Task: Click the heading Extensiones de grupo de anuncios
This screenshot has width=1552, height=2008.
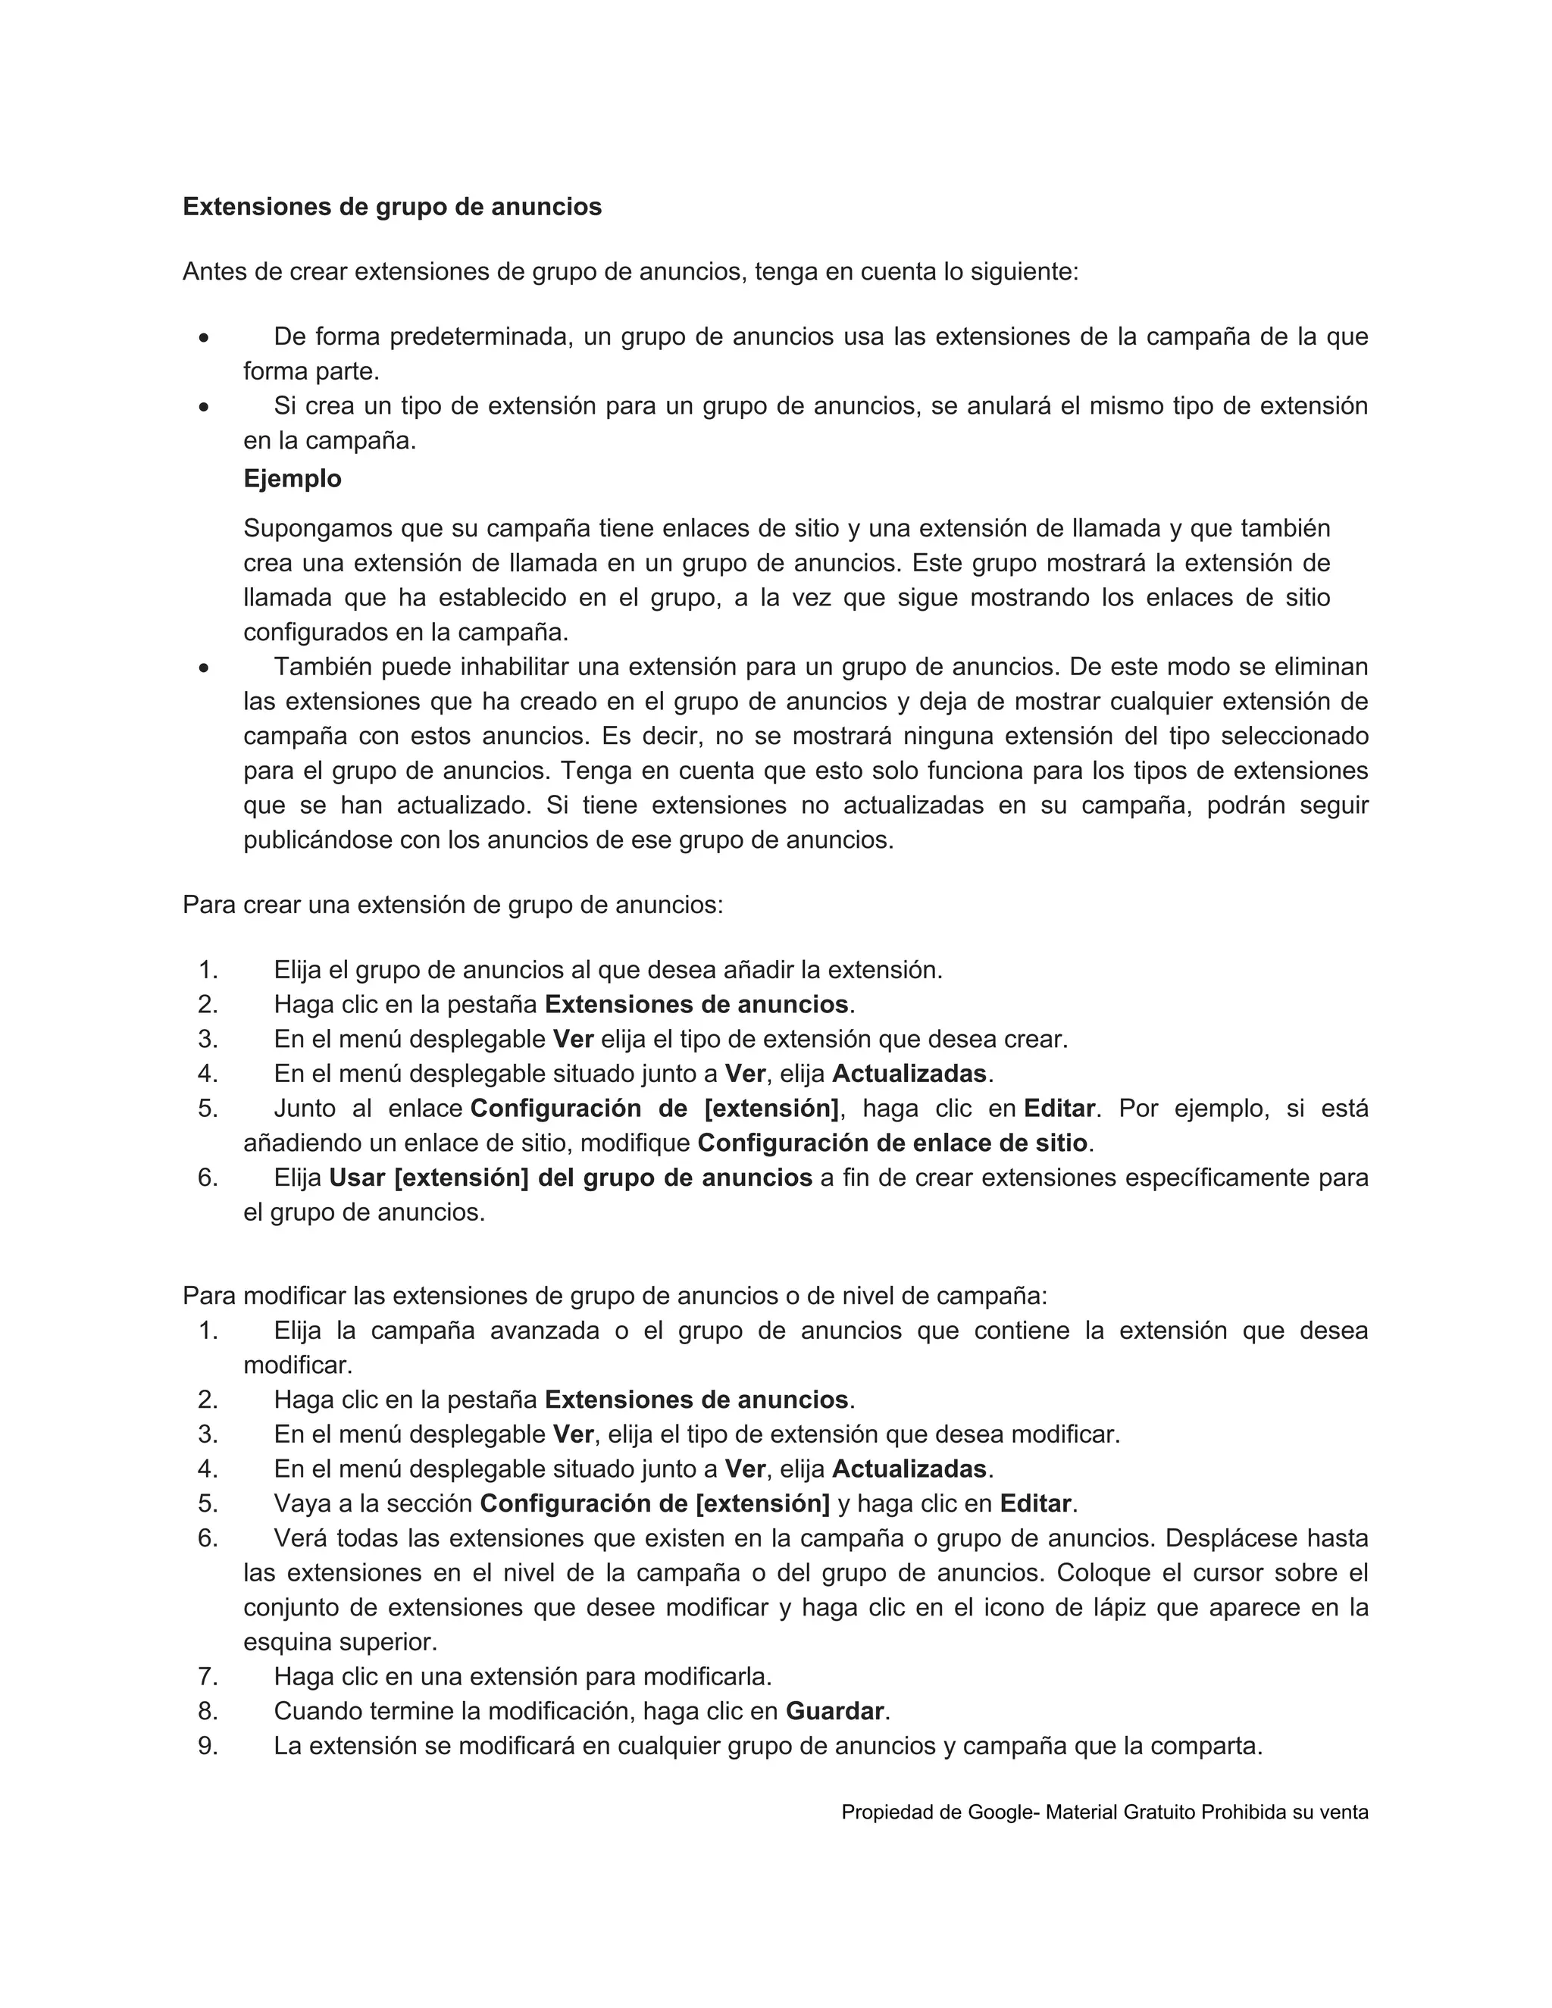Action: click(x=392, y=207)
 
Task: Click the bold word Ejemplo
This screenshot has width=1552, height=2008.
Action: click(x=292, y=479)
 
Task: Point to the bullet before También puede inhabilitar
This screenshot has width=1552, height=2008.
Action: click(x=203, y=668)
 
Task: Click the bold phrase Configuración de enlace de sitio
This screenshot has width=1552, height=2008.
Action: click(x=892, y=1143)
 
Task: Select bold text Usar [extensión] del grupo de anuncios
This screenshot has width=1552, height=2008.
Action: click(x=570, y=1178)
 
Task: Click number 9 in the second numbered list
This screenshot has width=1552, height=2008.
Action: click(x=208, y=1745)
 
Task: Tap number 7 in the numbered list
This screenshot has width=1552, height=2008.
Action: click(x=208, y=1676)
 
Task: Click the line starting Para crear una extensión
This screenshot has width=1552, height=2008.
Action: click(x=452, y=905)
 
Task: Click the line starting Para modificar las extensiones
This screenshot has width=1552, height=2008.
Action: click(x=614, y=1296)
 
